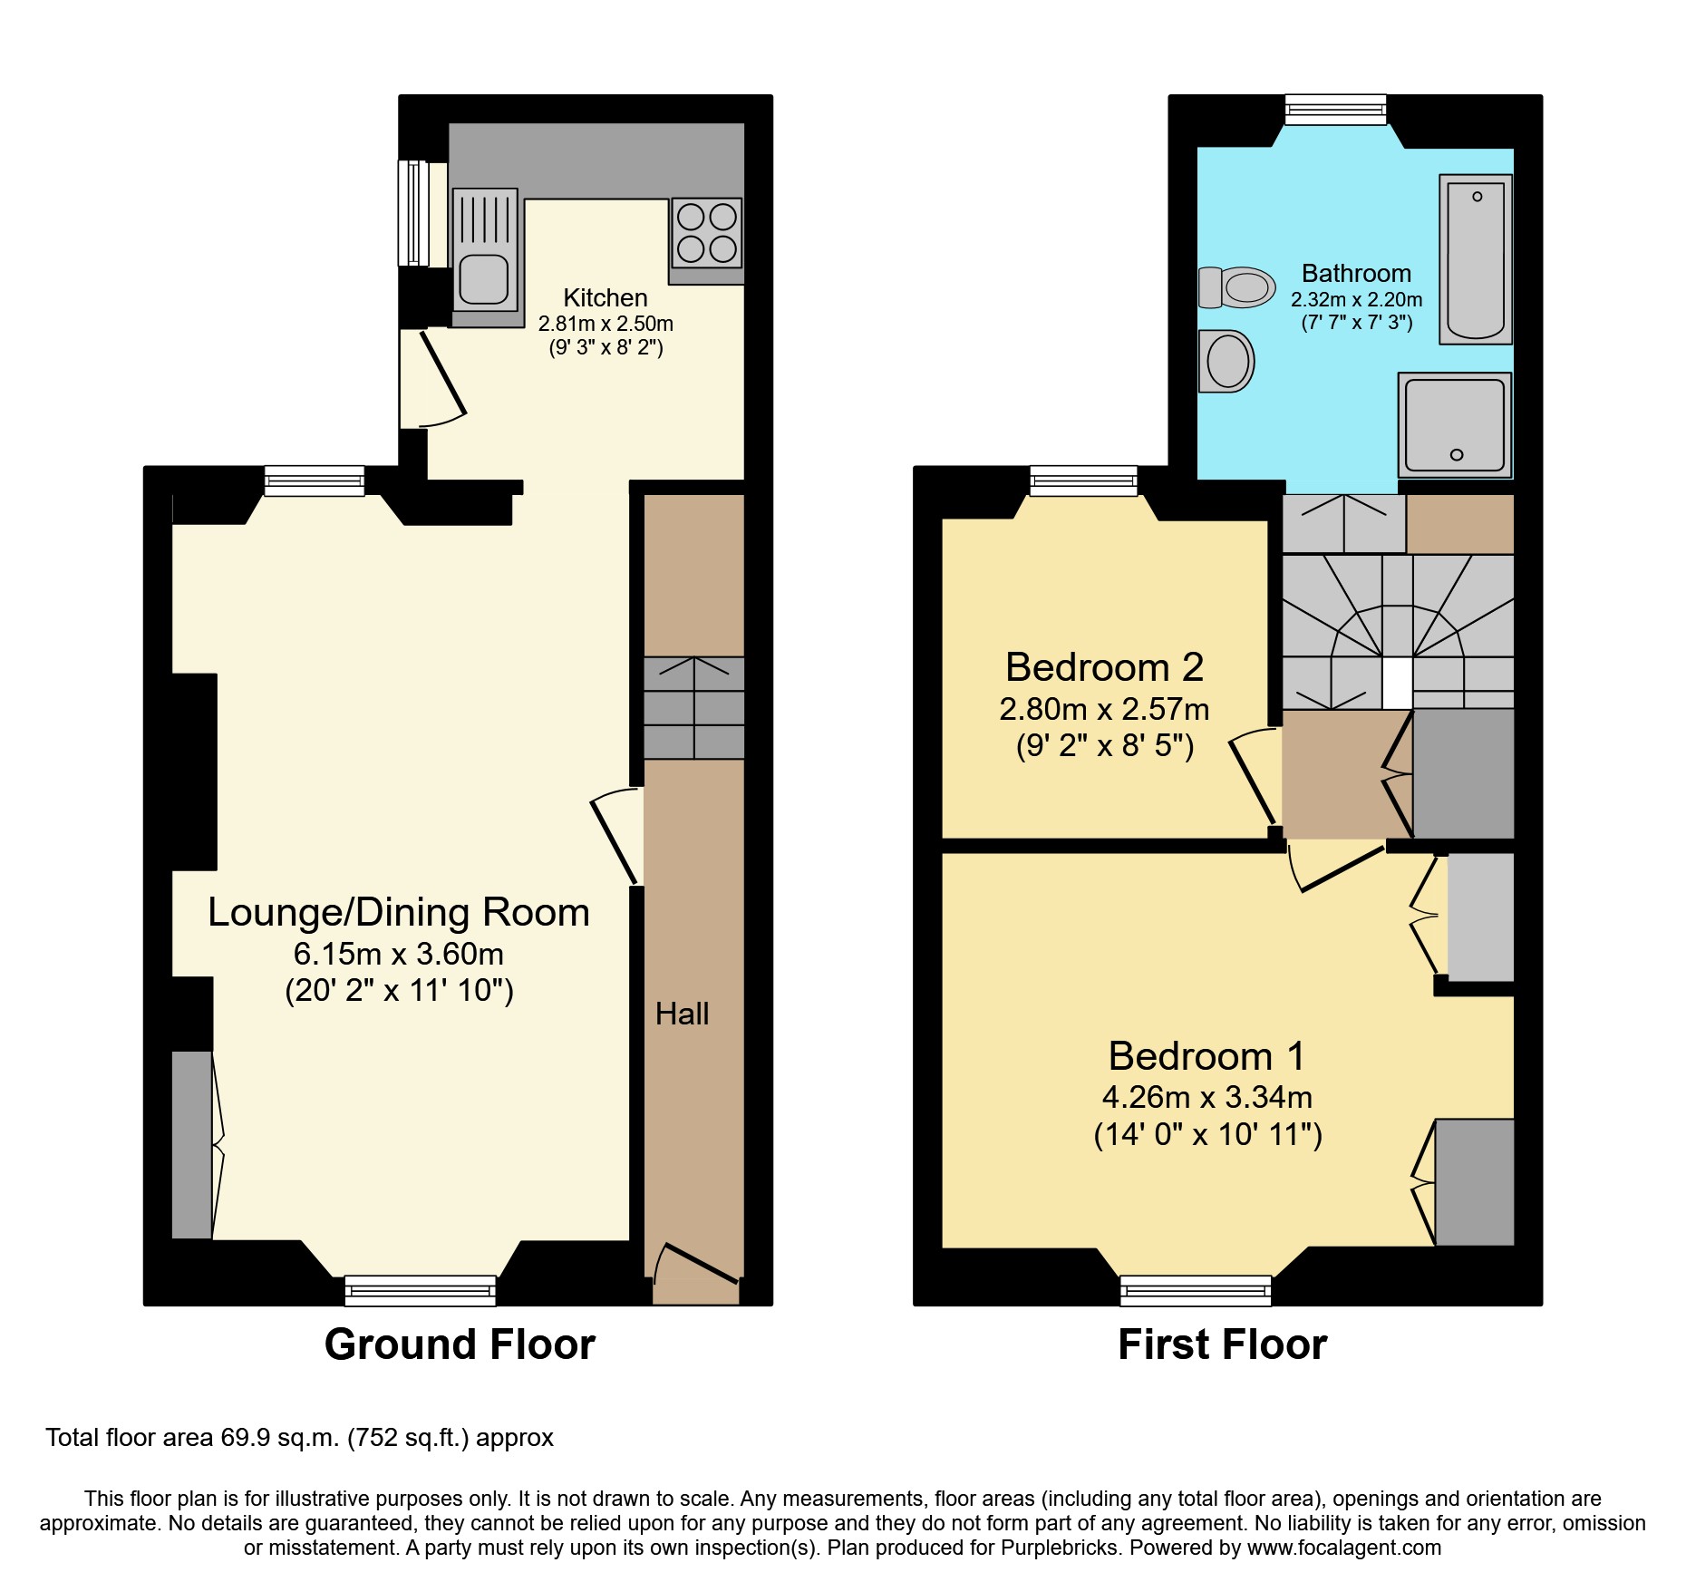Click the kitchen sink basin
pyautogui.click(x=483, y=279)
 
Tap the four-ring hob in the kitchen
pyautogui.click(x=707, y=232)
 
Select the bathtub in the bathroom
pyautogui.click(x=1476, y=259)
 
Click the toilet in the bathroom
pyautogui.click(x=1237, y=287)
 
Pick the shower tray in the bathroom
pyautogui.click(x=1455, y=424)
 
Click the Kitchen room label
pyautogui.click(x=605, y=297)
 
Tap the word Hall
pyautogui.click(x=682, y=1014)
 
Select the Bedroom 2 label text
pyautogui.click(x=1104, y=667)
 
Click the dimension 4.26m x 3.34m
pyautogui.click(x=1206, y=1097)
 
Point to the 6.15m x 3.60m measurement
pyautogui.click(x=398, y=954)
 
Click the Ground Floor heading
pyautogui.click(x=460, y=1344)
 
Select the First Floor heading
pyautogui.click(x=1222, y=1344)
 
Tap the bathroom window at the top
pyautogui.click(x=1335, y=110)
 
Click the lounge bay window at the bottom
pyautogui.click(x=420, y=1289)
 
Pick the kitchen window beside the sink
pyautogui.click(x=413, y=213)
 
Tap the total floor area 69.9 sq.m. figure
pyautogui.click(x=280, y=1438)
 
